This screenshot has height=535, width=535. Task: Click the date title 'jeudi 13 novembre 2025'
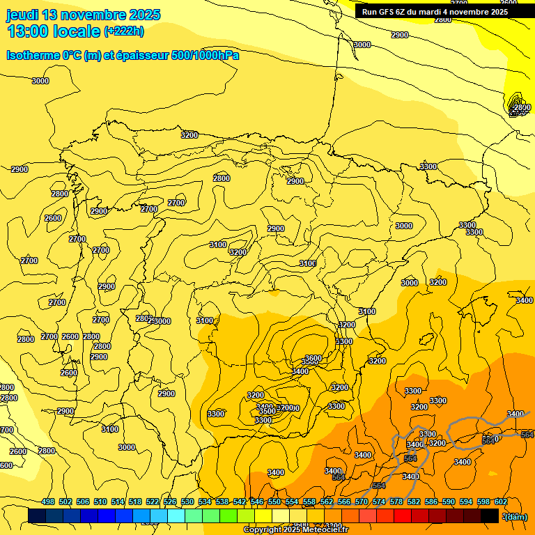pyautogui.click(x=84, y=15)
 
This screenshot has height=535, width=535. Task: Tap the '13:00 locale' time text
pyautogui.click(x=54, y=31)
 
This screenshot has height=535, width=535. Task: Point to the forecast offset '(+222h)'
pyautogui.click(x=124, y=31)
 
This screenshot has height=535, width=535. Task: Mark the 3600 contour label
pyautogui.click(x=313, y=358)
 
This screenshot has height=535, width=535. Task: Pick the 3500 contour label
pyautogui.click(x=267, y=412)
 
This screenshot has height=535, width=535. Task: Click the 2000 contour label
pyautogui.click(x=520, y=107)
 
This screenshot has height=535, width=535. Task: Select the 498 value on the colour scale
pyautogui.click(x=48, y=502)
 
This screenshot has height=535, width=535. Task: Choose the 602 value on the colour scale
pyautogui.click(x=501, y=502)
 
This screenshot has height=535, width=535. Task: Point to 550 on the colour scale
pyautogui.click(x=274, y=502)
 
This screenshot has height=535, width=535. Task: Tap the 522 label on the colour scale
pyautogui.click(x=153, y=502)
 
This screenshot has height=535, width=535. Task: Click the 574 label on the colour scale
pyautogui.click(x=379, y=502)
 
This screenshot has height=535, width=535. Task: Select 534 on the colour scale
pyautogui.click(x=205, y=502)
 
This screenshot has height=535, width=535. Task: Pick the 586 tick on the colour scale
pyautogui.click(x=431, y=502)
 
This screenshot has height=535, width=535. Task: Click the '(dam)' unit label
pyautogui.click(x=516, y=517)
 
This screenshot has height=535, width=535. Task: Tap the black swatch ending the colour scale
pyautogui.click(x=490, y=515)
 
